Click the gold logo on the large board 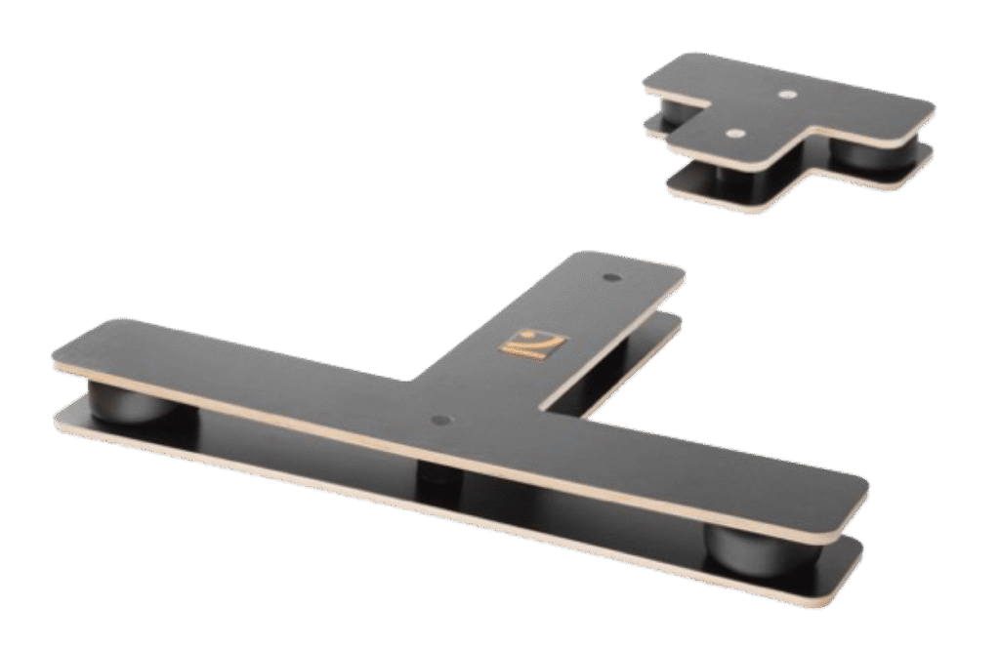click(x=532, y=344)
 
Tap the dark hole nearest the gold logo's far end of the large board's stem click(x=611, y=278)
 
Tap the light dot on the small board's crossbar click(x=788, y=95)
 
